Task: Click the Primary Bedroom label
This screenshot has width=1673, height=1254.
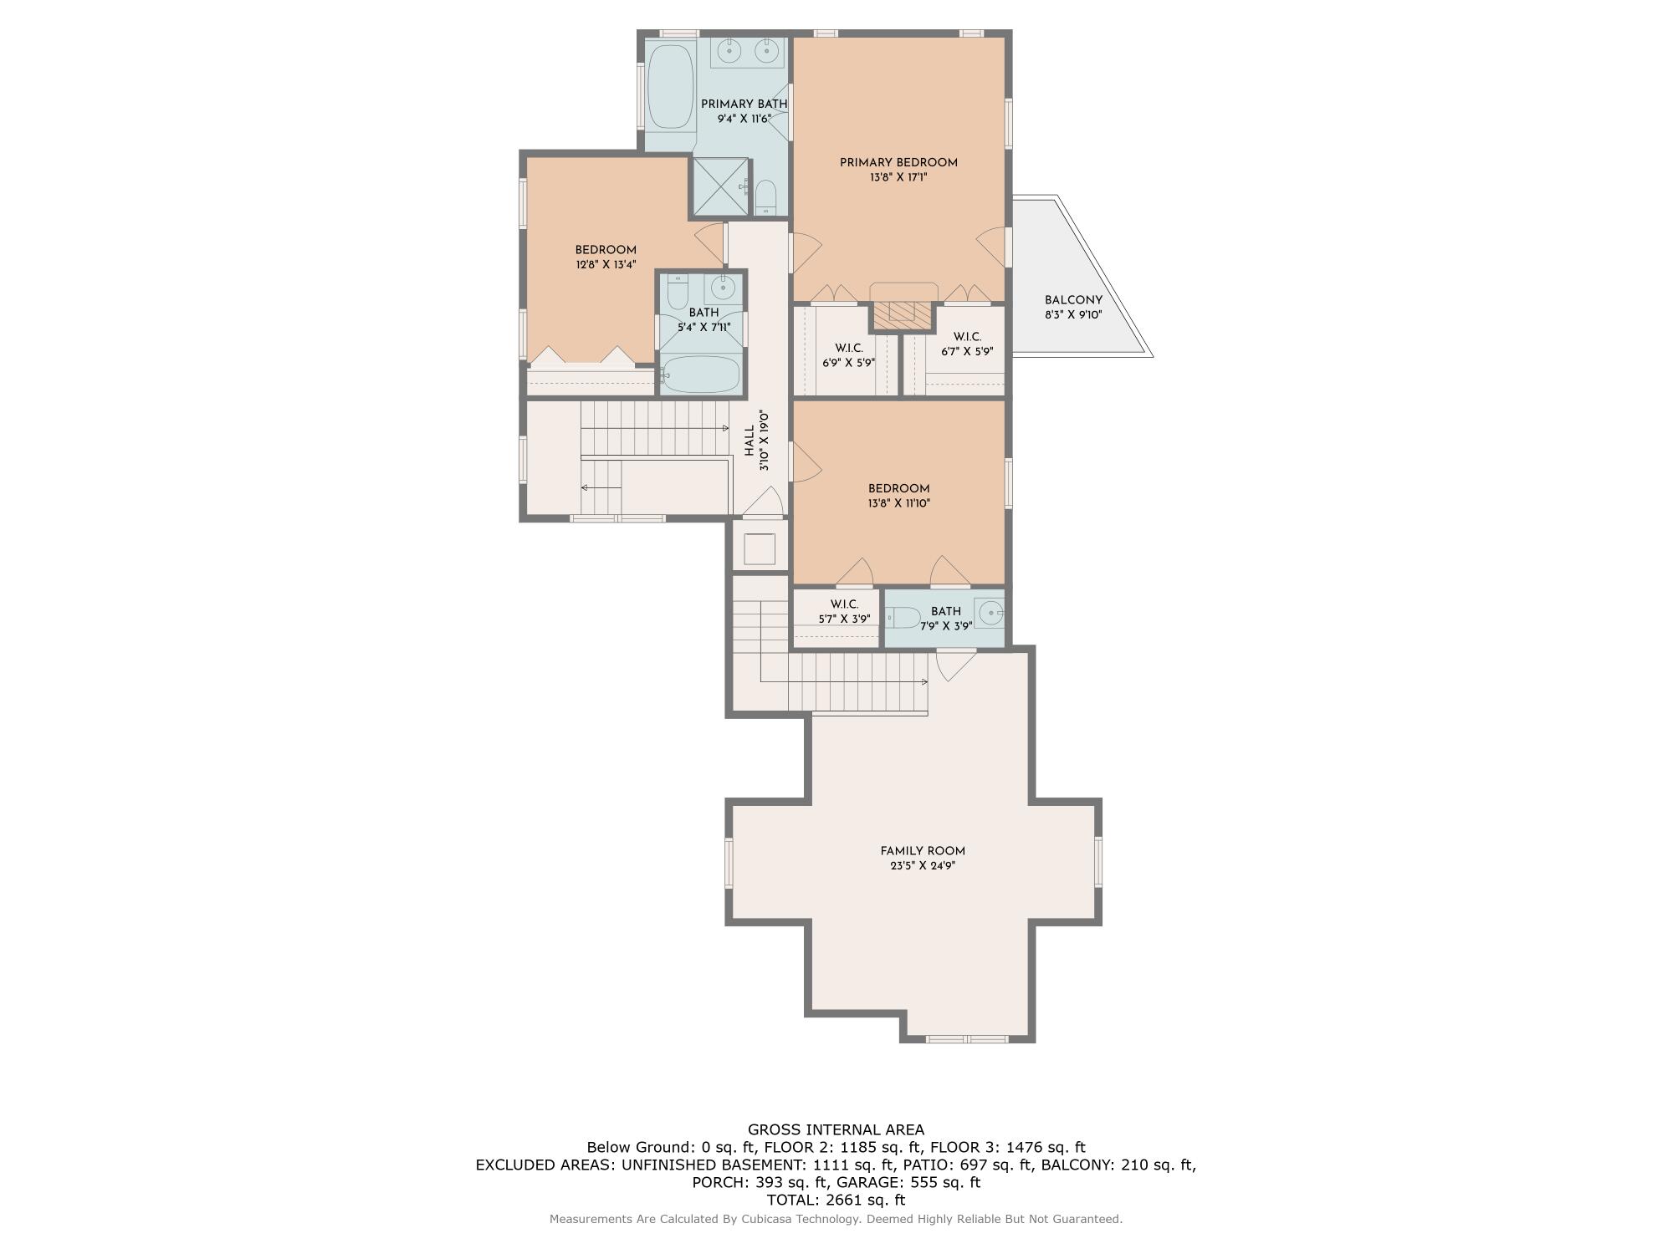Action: pyautogui.click(x=898, y=163)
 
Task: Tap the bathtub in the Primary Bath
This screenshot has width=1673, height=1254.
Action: pyautogui.click(x=670, y=86)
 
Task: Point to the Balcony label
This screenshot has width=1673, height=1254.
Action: pyautogui.click(x=1073, y=301)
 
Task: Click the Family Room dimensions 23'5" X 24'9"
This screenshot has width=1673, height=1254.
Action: pyautogui.click(x=923, y=866)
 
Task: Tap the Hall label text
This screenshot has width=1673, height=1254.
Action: pyautogui.click(x=750, y=441)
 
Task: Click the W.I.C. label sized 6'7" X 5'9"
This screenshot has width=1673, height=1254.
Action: pyautogui.click(x=967, y=337)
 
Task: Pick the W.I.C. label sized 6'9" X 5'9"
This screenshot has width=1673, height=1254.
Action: pyautogui.click(x=848, y=348)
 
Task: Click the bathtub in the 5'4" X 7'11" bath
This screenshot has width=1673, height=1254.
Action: pyautogui.click(x=701, y=375)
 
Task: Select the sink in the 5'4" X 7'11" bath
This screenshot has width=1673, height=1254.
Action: pyautogui.click(x=721, y=289)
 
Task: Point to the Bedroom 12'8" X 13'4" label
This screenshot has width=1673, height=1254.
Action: pyautogui.click(x=606, y=250)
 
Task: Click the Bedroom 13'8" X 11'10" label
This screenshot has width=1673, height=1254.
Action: pyautogui.click(x=898, y=489)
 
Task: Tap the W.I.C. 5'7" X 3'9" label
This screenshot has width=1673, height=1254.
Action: pyautogui.click(x=844, y=604)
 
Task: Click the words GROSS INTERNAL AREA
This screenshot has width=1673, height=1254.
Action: pyautogui.click(x=836, y=1130)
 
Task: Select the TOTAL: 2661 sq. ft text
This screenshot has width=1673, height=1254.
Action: pyautogui.click(x=836, y=1200)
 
